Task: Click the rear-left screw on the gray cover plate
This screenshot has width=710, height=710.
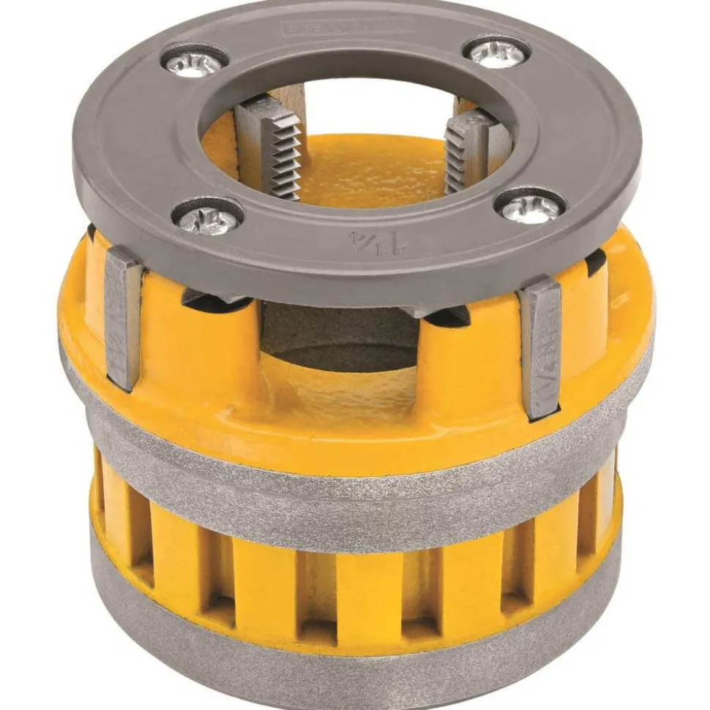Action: tap(193, 62)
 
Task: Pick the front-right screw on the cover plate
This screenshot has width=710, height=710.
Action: tap(530, 207)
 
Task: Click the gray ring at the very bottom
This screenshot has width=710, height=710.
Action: tap(351, 658)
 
